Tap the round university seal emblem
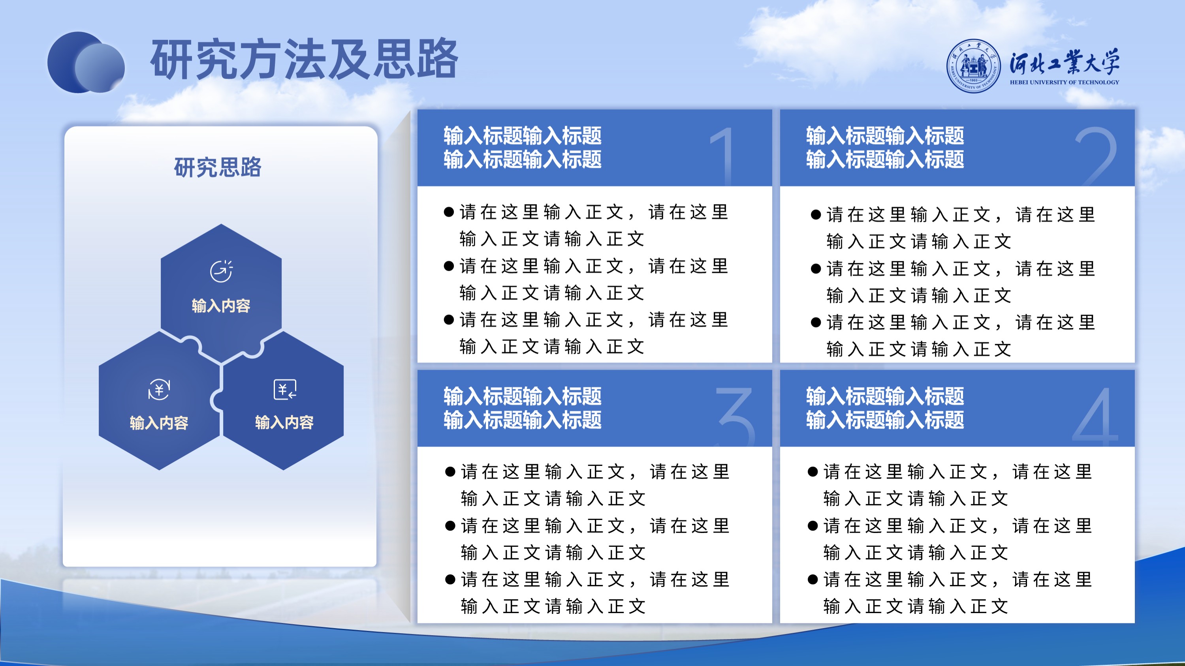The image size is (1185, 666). tap(973, 66)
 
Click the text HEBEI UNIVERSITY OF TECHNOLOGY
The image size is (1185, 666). tap(1065, 82)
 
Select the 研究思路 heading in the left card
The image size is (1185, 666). tap(218, 167)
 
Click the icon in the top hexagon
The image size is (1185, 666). tap(222, 271)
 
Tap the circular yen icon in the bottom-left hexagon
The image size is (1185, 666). tap(159, 390)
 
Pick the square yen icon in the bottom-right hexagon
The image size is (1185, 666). tap(285, 390)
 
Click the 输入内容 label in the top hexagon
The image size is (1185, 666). tap(221, 306)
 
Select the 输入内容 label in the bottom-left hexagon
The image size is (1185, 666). tap(159, 423)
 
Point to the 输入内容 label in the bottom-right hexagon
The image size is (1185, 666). tap(284, 422)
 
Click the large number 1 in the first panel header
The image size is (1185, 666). tap(724, 156)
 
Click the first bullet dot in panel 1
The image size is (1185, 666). tap(449, 212)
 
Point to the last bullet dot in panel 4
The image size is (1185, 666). tap(813, 580)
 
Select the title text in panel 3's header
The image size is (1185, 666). tap(523, 408)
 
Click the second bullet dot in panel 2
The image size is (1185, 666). tap(816, 269)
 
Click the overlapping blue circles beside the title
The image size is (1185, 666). tap(86, 62)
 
